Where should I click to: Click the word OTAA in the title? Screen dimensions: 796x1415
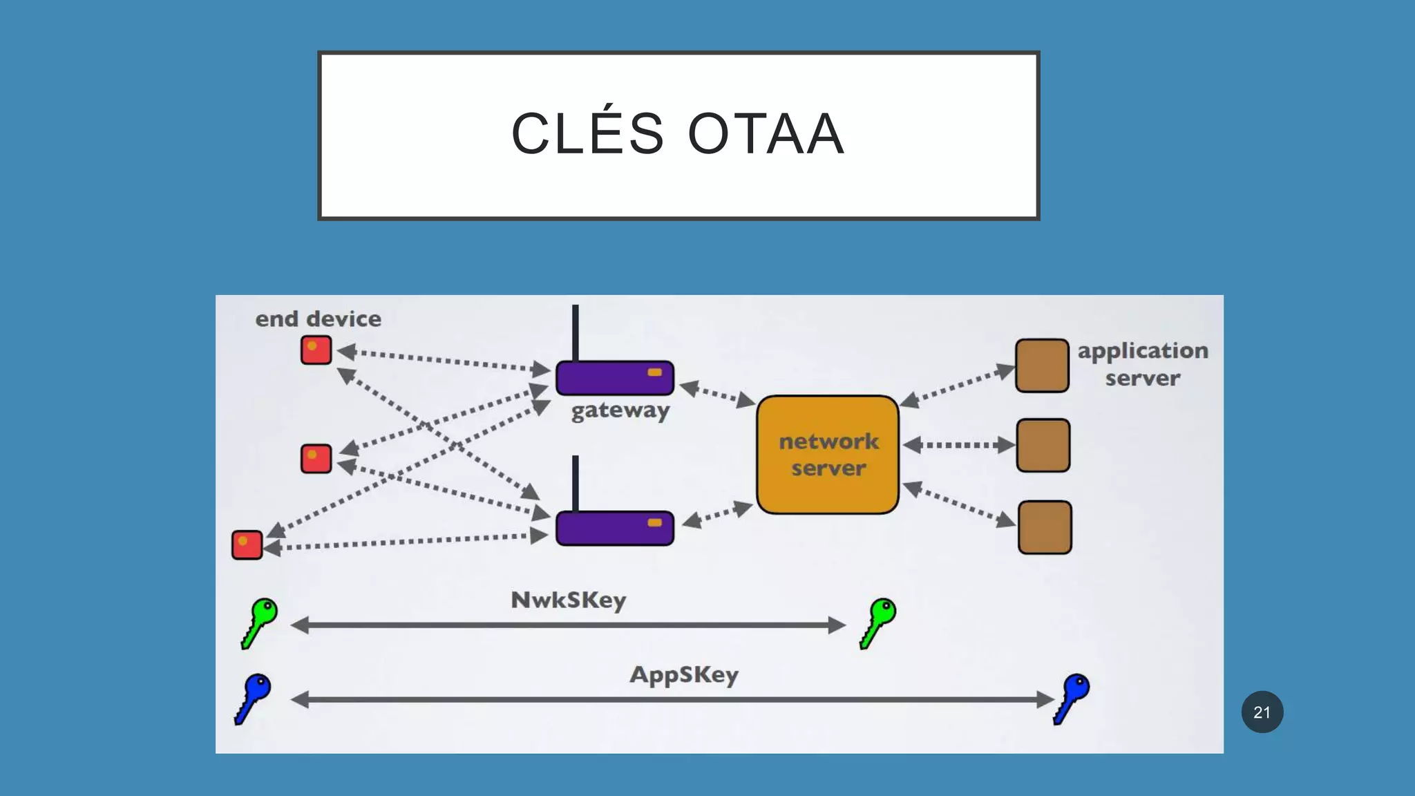766,134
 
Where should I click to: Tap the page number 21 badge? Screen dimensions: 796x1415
1262,712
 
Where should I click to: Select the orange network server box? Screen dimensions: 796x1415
828,455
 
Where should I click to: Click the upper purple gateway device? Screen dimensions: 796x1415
614,378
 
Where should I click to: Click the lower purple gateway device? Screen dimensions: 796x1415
614,529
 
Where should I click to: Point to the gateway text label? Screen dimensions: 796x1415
620,410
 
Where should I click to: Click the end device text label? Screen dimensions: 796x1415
318,319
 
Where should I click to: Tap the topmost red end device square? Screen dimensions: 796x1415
316,350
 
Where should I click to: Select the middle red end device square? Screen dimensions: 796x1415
316,459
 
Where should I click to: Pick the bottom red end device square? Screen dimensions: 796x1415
247,544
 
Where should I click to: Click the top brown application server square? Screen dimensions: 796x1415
1042,366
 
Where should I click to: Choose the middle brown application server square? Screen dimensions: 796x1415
1043,446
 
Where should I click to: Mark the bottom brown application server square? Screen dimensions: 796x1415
1045,527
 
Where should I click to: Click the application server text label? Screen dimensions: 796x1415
1142,364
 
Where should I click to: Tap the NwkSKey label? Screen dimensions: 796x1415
568,600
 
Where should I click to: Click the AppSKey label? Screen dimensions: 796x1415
683,674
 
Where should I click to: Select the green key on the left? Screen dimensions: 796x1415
259,622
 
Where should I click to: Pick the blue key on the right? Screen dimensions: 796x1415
1072,697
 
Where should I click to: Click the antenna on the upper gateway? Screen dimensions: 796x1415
575,332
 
